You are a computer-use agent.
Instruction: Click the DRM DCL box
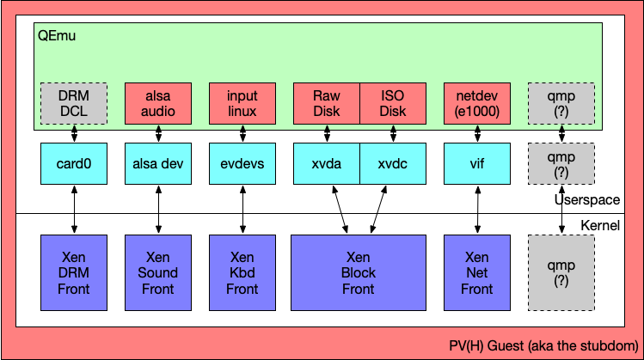(74, 103)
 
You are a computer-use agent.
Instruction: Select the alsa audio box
(158, 103)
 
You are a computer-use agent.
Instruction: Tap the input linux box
(242, 103)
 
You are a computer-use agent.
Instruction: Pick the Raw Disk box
(326, 103)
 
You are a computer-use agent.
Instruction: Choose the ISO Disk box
(392, 103)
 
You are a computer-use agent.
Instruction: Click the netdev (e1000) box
(476, 103)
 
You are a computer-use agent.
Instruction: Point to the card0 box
(74, 162)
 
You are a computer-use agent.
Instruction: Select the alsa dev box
(158, 162)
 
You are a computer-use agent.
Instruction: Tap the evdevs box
(242, 162)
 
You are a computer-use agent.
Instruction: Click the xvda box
(326, 162)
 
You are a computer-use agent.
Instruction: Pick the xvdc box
(392, 162)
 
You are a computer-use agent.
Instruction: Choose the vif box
(476, 162)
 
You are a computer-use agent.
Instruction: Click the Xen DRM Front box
(74, 272)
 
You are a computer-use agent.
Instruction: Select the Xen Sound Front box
(158, 272)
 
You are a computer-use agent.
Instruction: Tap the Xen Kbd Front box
(242, 272)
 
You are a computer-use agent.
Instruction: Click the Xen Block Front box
(359, 272)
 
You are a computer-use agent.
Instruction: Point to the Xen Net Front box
(476, 272)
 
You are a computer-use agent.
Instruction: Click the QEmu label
(55, 36)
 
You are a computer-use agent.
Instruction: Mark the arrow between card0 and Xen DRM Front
(74, 208)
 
